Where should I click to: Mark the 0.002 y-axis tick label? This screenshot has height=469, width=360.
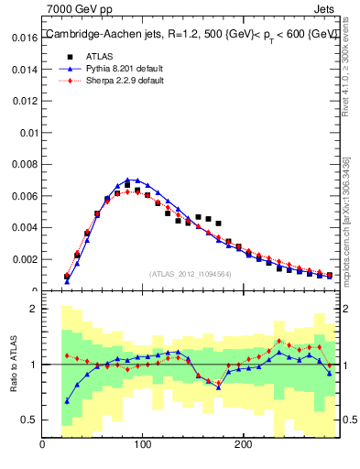(24, 259)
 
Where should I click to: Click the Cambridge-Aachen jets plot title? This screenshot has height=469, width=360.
(191, 34)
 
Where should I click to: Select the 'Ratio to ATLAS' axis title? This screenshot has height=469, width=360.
(16, 365)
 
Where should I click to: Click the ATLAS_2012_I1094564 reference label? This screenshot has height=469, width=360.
(190, 273)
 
